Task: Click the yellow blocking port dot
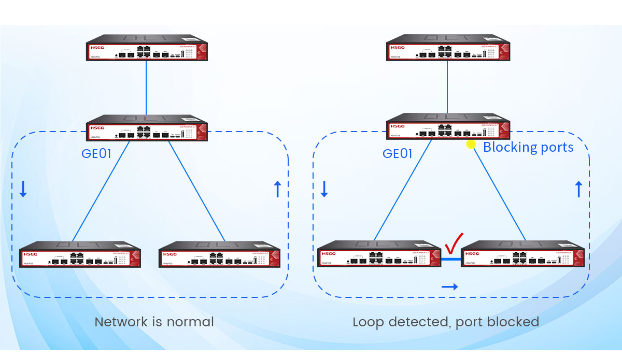[471, 145]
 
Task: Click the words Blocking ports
[528, 148]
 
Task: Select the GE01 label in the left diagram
[97, 154]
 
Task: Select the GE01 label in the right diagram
[398, 154]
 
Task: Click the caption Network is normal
[154, 322]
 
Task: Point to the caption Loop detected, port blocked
[446, 322]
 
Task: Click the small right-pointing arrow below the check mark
[449, 286]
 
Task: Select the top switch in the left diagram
[147, 48]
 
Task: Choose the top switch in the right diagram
[447, 48]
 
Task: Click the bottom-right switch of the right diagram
[522, 254]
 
